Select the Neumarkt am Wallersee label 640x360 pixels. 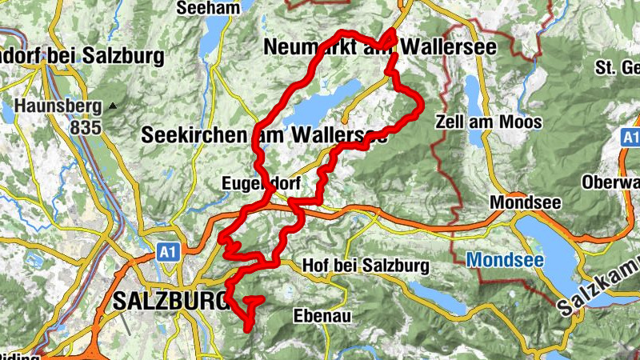380,48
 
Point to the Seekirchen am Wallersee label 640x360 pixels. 264,134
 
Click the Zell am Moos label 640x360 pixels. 489,122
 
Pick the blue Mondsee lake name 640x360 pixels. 506,260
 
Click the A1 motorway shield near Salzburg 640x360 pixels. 166,252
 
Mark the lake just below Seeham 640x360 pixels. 214,36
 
